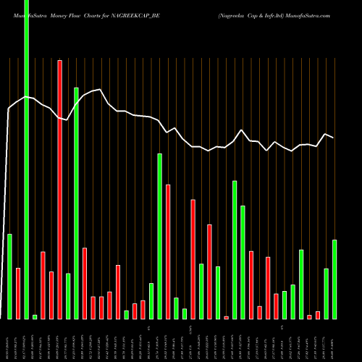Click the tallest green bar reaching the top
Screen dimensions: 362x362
click(x=27, y=159)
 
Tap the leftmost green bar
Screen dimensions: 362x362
click(x=10, y=277)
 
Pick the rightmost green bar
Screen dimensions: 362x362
click(x=334, y=279)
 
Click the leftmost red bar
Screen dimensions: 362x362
click(x=18, y=293)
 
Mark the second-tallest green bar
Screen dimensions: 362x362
click(x=77, y=203)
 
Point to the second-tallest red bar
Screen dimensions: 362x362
click(x=168, y=251)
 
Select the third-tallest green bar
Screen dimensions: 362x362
click(x=159, y=236)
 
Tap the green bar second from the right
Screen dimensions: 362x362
click(x=327, y=293)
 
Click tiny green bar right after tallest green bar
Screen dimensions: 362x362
click(x=35, y=316)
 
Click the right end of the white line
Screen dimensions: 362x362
click(x=334, y=138)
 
